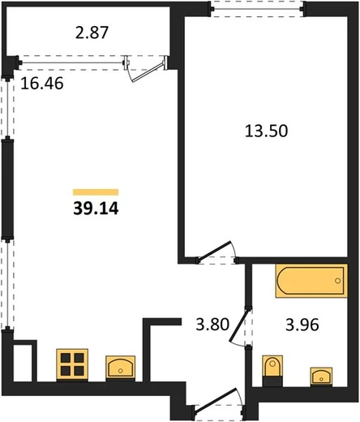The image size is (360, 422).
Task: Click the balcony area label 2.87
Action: (x=92, y=32)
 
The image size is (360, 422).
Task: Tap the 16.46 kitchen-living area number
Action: (x=42, y=83)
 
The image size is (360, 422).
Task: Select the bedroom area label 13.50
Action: (x=267, y=131)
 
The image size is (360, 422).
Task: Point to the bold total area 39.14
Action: (x=96, y=209)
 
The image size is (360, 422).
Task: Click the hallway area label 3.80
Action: (x=212, y=324)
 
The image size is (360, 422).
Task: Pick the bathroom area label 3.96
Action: (x=302, y=325)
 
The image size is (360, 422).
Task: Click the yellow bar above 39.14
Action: (x=96, y=192)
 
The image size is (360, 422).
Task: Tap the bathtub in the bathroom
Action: (x=311, y=281)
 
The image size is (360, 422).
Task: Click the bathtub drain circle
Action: (x=337, y=281)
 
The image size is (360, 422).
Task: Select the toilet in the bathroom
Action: (x=272, y=371)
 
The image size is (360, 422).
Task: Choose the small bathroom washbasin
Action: (x=321, y=376)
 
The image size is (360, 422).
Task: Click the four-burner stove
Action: (x=72, y=364)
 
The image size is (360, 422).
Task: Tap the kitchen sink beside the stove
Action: (x=120, y=368)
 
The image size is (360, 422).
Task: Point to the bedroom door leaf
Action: (x=213, y=252)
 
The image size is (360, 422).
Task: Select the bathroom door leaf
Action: (x=239, y=325)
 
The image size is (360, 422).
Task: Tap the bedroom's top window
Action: (x=257, y=9)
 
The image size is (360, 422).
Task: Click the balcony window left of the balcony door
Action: (x=72, y=63)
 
